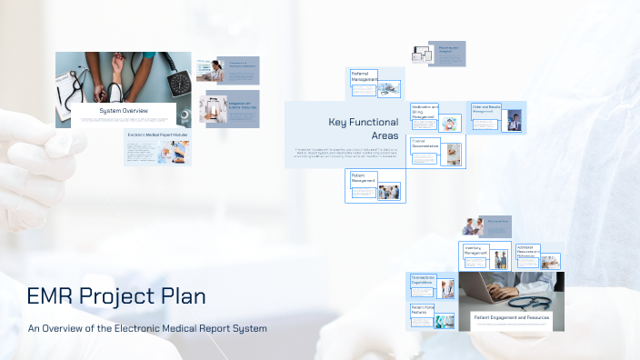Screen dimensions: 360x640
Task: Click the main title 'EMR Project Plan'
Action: (115, 295)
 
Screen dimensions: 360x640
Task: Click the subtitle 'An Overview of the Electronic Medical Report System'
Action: (147, 328)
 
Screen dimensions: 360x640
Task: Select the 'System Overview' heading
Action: (124, 111)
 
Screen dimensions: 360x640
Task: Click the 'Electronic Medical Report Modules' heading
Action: (157, 135)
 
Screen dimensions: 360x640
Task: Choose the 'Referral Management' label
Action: (364, 76)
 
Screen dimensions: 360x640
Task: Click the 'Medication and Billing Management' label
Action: (424, 111)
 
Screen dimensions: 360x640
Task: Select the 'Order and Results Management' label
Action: (486, 109)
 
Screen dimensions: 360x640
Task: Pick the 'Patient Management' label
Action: (363, 178)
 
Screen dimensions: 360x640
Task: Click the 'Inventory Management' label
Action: (475, 250)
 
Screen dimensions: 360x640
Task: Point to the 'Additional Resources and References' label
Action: (527, 250)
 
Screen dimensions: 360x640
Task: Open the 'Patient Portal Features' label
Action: (422, 310)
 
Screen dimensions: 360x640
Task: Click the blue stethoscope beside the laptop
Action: (532, 302)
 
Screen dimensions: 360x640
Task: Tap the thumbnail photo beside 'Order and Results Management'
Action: (515, 120)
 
